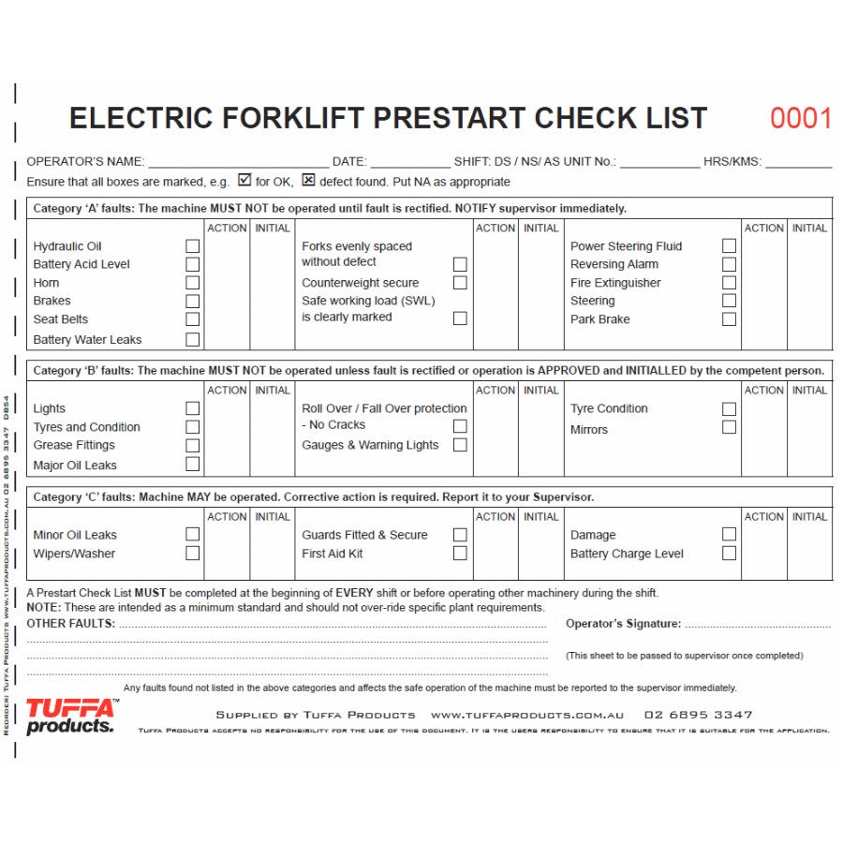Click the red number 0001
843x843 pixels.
801,119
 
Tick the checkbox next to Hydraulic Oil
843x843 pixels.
192,246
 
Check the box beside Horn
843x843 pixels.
192,283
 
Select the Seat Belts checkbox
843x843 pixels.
192,319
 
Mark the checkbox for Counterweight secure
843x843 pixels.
460,283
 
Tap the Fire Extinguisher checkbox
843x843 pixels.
729,283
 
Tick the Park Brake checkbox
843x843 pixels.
729,319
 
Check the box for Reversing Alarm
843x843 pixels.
729,264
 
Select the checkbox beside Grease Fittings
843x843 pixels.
192,445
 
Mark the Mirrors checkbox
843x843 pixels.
729,427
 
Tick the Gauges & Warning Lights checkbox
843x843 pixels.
460,445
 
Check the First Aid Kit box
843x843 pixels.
460,554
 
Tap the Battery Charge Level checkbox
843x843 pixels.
729,554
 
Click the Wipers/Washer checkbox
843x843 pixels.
192,554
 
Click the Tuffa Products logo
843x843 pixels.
70,717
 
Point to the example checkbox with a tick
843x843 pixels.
244,181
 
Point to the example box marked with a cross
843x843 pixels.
308,181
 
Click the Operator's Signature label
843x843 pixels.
623,624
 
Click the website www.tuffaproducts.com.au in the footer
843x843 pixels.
527,715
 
